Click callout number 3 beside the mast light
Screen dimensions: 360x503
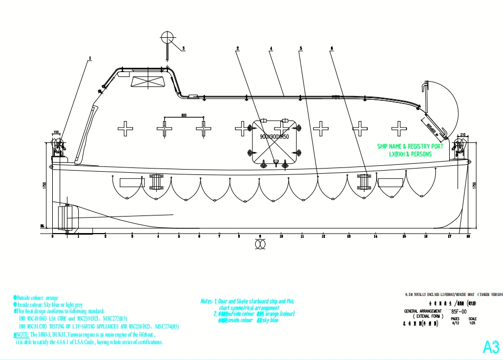[183, 48]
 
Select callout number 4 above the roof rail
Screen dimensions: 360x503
[271, 48]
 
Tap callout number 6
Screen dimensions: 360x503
[332, 48]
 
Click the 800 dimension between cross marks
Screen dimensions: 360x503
[184, 115]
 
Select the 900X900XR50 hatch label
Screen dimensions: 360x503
[274, 137]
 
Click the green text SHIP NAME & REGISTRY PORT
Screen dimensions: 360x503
[410, 146]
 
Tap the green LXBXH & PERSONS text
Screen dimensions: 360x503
[410, 154]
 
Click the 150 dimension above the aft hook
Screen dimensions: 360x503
[55, 133]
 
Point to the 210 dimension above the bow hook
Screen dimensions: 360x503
[463, 134]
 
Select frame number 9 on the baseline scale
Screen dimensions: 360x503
[260, 236]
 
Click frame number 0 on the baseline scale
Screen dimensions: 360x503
[53, 236]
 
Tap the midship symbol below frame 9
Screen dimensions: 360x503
[260, 243]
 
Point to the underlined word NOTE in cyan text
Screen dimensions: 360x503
[22, 334]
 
